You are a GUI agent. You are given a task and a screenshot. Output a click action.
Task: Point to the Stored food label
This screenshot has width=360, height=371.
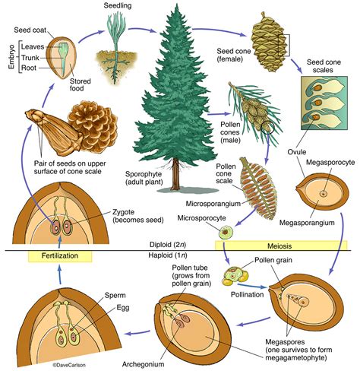tap(81, 77)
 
